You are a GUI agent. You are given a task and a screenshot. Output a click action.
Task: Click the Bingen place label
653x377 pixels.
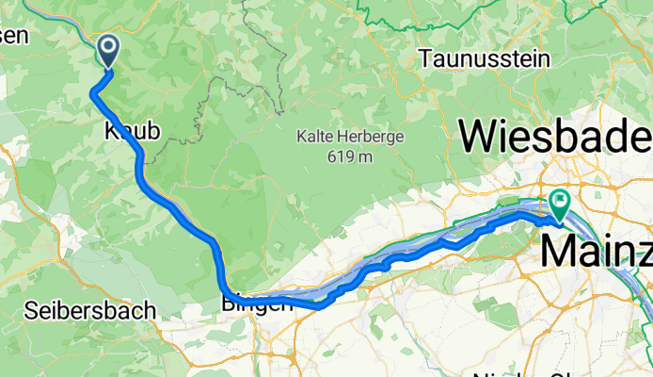252,303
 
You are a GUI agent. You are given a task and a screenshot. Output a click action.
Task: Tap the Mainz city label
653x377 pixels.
596,253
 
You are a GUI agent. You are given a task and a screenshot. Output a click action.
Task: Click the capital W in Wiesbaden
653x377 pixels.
479,138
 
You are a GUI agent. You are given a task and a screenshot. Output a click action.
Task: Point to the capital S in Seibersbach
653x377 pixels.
30,310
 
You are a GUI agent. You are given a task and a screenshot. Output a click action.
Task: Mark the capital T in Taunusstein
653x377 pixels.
426,58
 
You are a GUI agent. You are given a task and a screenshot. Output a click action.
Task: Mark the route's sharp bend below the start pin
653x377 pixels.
92,92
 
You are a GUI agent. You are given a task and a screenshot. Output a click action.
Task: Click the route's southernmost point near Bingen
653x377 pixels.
320,306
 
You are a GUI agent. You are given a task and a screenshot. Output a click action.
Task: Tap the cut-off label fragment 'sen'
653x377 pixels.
15,36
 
